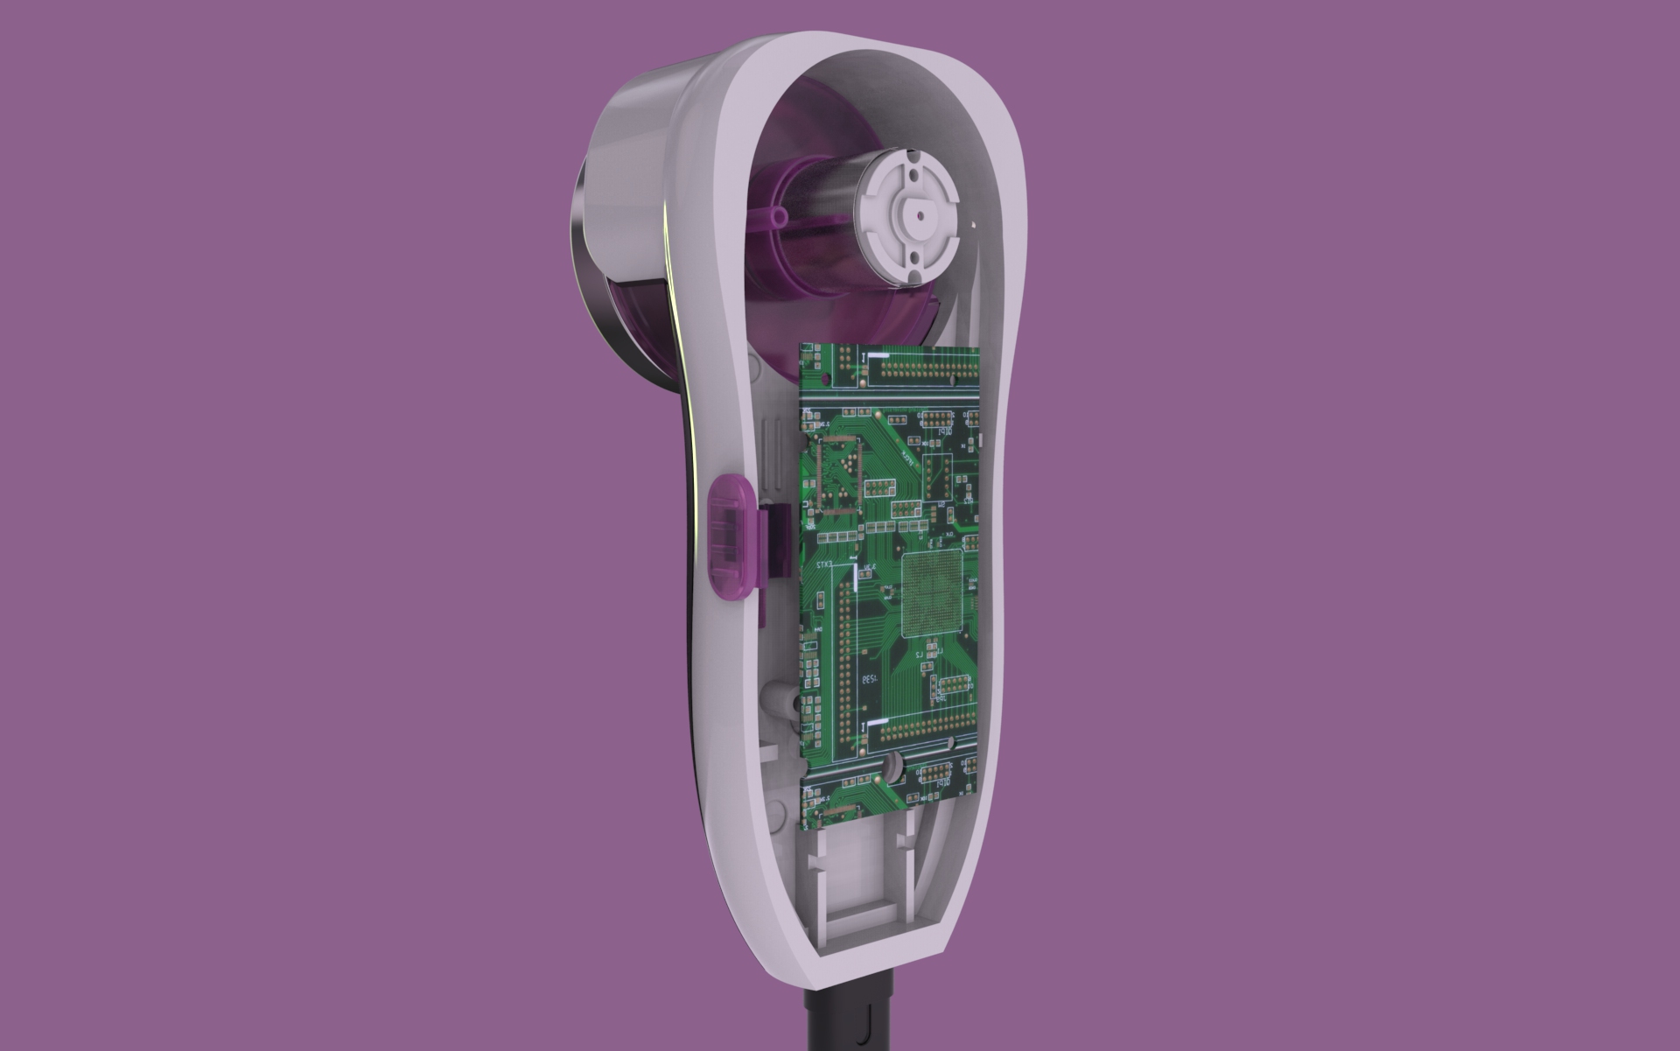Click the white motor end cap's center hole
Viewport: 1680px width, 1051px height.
(919, 212)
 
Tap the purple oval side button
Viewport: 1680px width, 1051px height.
(731, 536)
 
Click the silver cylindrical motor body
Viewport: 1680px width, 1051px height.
(827, 200)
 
